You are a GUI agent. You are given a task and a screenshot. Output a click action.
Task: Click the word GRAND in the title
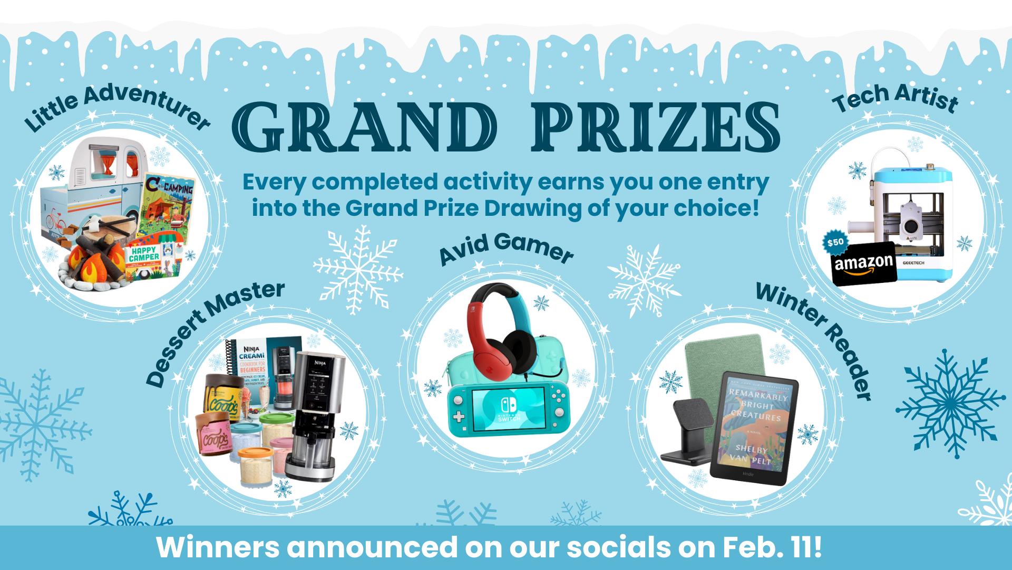[x=364, y=127]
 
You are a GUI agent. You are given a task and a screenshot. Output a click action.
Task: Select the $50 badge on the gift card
[x=835, y=242]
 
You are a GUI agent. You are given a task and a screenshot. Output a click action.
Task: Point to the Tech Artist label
[x=896, y=98]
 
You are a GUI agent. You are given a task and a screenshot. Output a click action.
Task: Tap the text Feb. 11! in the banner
[x=772, y=547]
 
